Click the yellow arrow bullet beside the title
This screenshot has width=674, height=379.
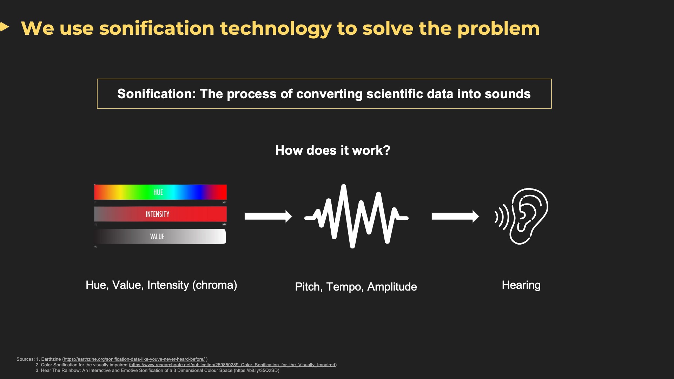click(x=4, y=27)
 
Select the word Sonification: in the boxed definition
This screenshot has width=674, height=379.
click(x=157, y=94)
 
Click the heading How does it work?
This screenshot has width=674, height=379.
click(x=333, y=150)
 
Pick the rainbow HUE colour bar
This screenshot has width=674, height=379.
click(x=160, y=192)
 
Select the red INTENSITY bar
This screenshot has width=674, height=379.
click(x=160, y=214)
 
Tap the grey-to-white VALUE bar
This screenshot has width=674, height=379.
click(x=160, y=237)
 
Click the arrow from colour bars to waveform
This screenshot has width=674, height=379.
click(x=268, y=216)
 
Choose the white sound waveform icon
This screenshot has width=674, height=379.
click(x=356, y=216)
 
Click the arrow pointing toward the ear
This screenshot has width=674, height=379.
click(x=455, y=216)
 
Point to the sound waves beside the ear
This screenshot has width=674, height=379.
click(x=502, y=217)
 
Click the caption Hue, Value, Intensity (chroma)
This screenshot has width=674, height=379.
click(x=161, y=285)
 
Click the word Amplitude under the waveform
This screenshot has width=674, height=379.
click(x=392, y=287)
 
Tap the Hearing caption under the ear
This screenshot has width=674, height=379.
click(x=521, y=285)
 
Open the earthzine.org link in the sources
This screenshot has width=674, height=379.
click(x=134, y=359)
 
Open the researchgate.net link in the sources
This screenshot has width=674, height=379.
click(x=233, y=365)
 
